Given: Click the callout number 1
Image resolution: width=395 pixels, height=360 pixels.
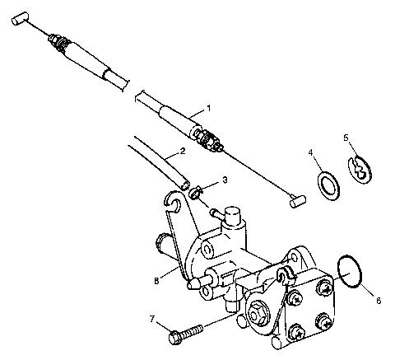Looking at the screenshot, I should click(x=209, y=108).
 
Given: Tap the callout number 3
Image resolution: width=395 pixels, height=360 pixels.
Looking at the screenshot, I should click(x=225, y=180).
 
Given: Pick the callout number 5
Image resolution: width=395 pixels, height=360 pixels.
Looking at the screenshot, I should click(x=346, y=138).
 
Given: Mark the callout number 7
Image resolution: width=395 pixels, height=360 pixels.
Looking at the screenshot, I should click(x=151, y=318).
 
